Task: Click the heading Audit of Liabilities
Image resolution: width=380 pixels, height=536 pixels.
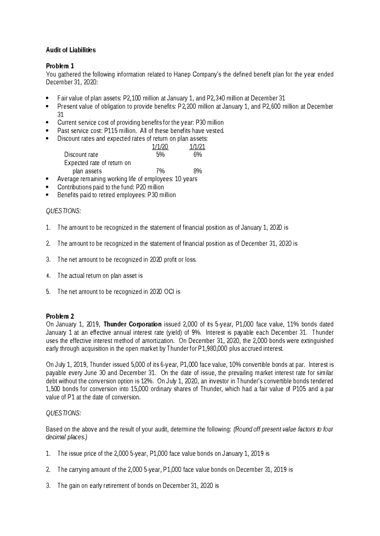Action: click(x=71, y=50)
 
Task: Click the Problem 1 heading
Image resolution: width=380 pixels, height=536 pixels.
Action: click(x=60, y=66)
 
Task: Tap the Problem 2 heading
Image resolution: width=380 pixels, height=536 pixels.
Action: click(x=60, y=316)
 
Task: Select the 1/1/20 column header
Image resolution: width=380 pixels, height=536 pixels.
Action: click(x=160, y=147)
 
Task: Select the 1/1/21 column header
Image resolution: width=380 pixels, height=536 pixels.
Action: click(x=197, y=147)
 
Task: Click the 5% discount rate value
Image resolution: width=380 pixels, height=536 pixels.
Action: click(x=160, y=155)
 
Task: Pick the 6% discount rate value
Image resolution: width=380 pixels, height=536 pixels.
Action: click(x=198, y=155)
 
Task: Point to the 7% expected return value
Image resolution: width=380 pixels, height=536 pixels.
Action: click(x=160, y=171)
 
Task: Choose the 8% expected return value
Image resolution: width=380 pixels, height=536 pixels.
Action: click(x=198, y=171)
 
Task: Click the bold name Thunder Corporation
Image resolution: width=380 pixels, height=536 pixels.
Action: click(x=132, y=325)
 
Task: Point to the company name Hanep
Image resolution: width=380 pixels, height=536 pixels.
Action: click(x=182, y=75)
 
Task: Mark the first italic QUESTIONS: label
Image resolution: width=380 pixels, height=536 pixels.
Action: click(x=63, y=211)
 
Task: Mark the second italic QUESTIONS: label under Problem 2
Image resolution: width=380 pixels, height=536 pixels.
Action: click(x=63, y=413)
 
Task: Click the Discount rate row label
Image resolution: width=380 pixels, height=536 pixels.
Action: click(x=81, y=155)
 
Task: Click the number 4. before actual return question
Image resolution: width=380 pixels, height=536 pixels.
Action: click(x=48, y=276)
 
